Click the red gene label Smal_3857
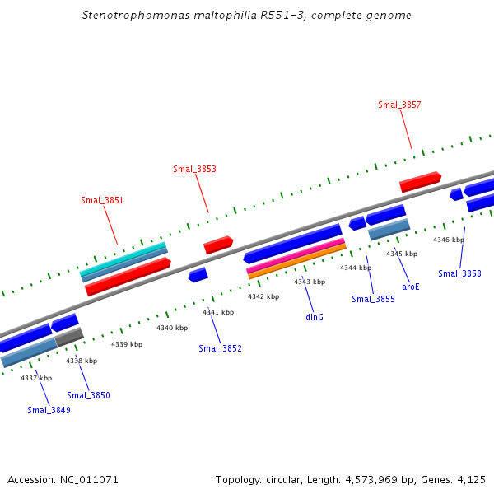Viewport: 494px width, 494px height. click(399, 105)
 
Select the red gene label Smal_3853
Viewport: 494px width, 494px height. click(194, 169)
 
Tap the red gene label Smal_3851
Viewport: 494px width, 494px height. click(102, 200)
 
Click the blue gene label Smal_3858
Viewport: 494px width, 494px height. click(459, 273)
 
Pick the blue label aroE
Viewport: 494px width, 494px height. click(411, 287)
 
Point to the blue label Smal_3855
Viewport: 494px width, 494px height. click(373, 299)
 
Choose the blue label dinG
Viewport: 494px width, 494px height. click(315, 317)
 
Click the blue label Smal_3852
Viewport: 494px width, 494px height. click(220, 348)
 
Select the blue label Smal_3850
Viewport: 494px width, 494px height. click(88, 395)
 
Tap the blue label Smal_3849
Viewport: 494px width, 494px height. click(49, 410)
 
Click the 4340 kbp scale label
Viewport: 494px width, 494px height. click(172, 328)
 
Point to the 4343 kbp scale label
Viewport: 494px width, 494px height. click(310, 282)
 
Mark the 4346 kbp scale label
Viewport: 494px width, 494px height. click(449, 240)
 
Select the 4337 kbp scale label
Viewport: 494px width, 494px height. click(36, 378)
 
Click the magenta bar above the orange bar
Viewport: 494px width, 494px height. click(296, 254)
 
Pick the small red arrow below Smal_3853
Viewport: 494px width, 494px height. click(218, 245)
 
